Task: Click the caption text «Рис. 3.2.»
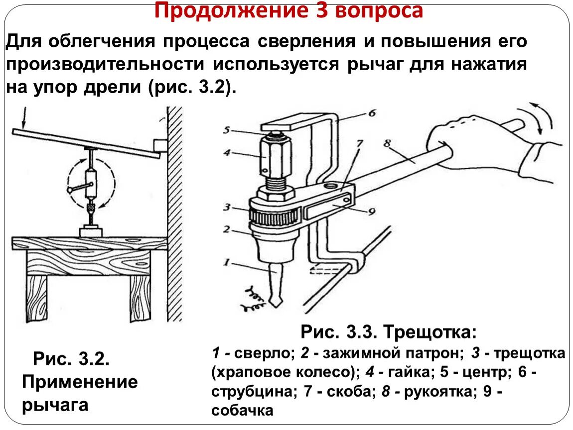[x=71, y=358]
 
